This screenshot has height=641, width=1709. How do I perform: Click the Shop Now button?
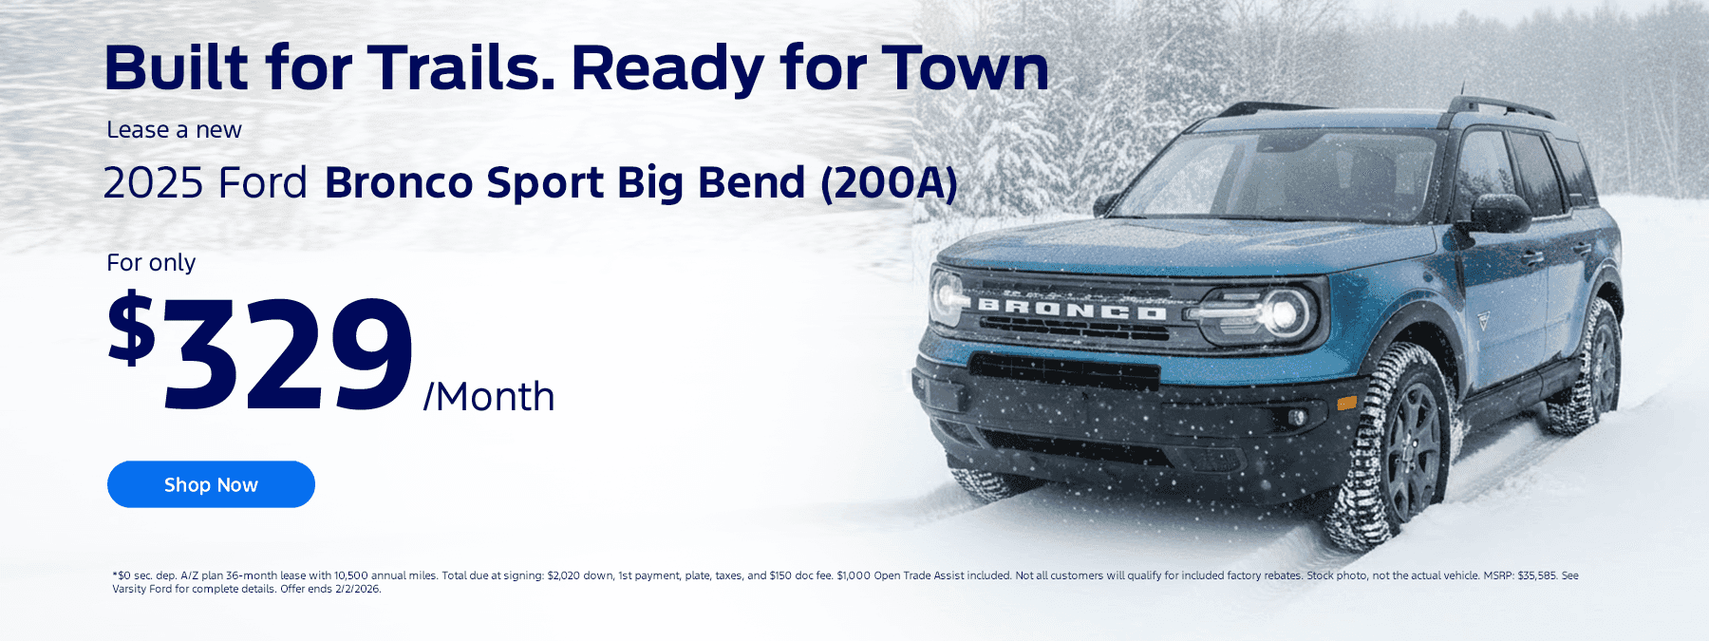click(x=211, y=484)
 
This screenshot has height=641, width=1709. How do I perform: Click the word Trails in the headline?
click(x=461, y=68)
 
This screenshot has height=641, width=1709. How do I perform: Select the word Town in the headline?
click(x=965, y=68)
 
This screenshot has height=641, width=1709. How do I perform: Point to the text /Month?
click(x=489, y=397)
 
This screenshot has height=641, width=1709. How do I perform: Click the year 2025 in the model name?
click(x=153, y=182)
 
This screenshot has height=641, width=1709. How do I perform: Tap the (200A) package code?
click(x=889, y=183)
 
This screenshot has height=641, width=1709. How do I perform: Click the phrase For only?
click(x=151, y=262)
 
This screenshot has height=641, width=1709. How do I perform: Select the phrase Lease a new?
click(x=174, y=130)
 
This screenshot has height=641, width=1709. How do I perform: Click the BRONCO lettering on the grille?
click(x=1072, y=309)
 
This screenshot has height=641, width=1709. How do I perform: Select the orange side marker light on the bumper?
click(x=1346, y=403)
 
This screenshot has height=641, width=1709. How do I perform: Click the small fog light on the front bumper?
click(x=1297, y=417)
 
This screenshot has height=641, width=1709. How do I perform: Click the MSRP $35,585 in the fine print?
click(x=1520, y=575)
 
